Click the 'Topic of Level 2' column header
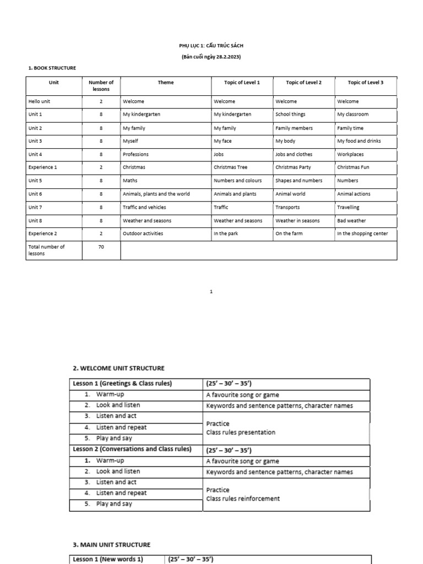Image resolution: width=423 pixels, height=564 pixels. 303,83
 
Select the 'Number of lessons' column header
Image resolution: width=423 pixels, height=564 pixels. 101,85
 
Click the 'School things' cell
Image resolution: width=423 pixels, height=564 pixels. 290,115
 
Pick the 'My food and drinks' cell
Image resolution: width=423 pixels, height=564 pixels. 359,141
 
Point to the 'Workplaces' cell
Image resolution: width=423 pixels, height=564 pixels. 350,154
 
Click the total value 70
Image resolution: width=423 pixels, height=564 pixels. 101,247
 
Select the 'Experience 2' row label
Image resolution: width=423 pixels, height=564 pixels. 43,234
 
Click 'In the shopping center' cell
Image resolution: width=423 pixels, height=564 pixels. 362,234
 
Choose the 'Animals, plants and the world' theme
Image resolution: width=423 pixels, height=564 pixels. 156,194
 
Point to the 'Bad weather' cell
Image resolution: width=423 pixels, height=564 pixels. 351,220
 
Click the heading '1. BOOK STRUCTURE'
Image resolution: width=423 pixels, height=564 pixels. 52,68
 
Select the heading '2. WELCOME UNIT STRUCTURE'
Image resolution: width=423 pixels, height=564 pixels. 118,368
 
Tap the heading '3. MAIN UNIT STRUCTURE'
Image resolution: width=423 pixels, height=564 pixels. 111,545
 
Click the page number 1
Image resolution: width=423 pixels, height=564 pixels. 211,292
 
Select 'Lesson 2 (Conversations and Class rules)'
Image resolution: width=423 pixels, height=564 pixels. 132,449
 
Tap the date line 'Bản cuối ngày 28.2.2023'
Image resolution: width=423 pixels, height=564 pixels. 211,57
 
